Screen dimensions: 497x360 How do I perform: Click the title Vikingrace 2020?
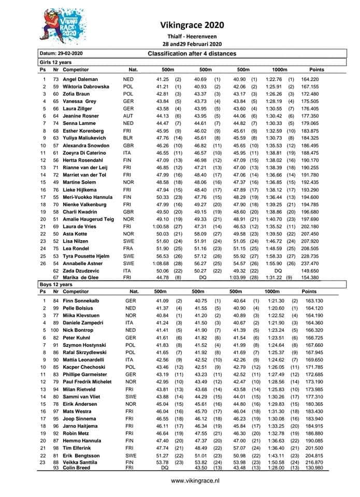192,24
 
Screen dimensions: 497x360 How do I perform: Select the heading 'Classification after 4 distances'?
192,54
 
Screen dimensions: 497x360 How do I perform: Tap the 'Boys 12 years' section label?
56,285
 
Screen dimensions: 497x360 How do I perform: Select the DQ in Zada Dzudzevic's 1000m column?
277,270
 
